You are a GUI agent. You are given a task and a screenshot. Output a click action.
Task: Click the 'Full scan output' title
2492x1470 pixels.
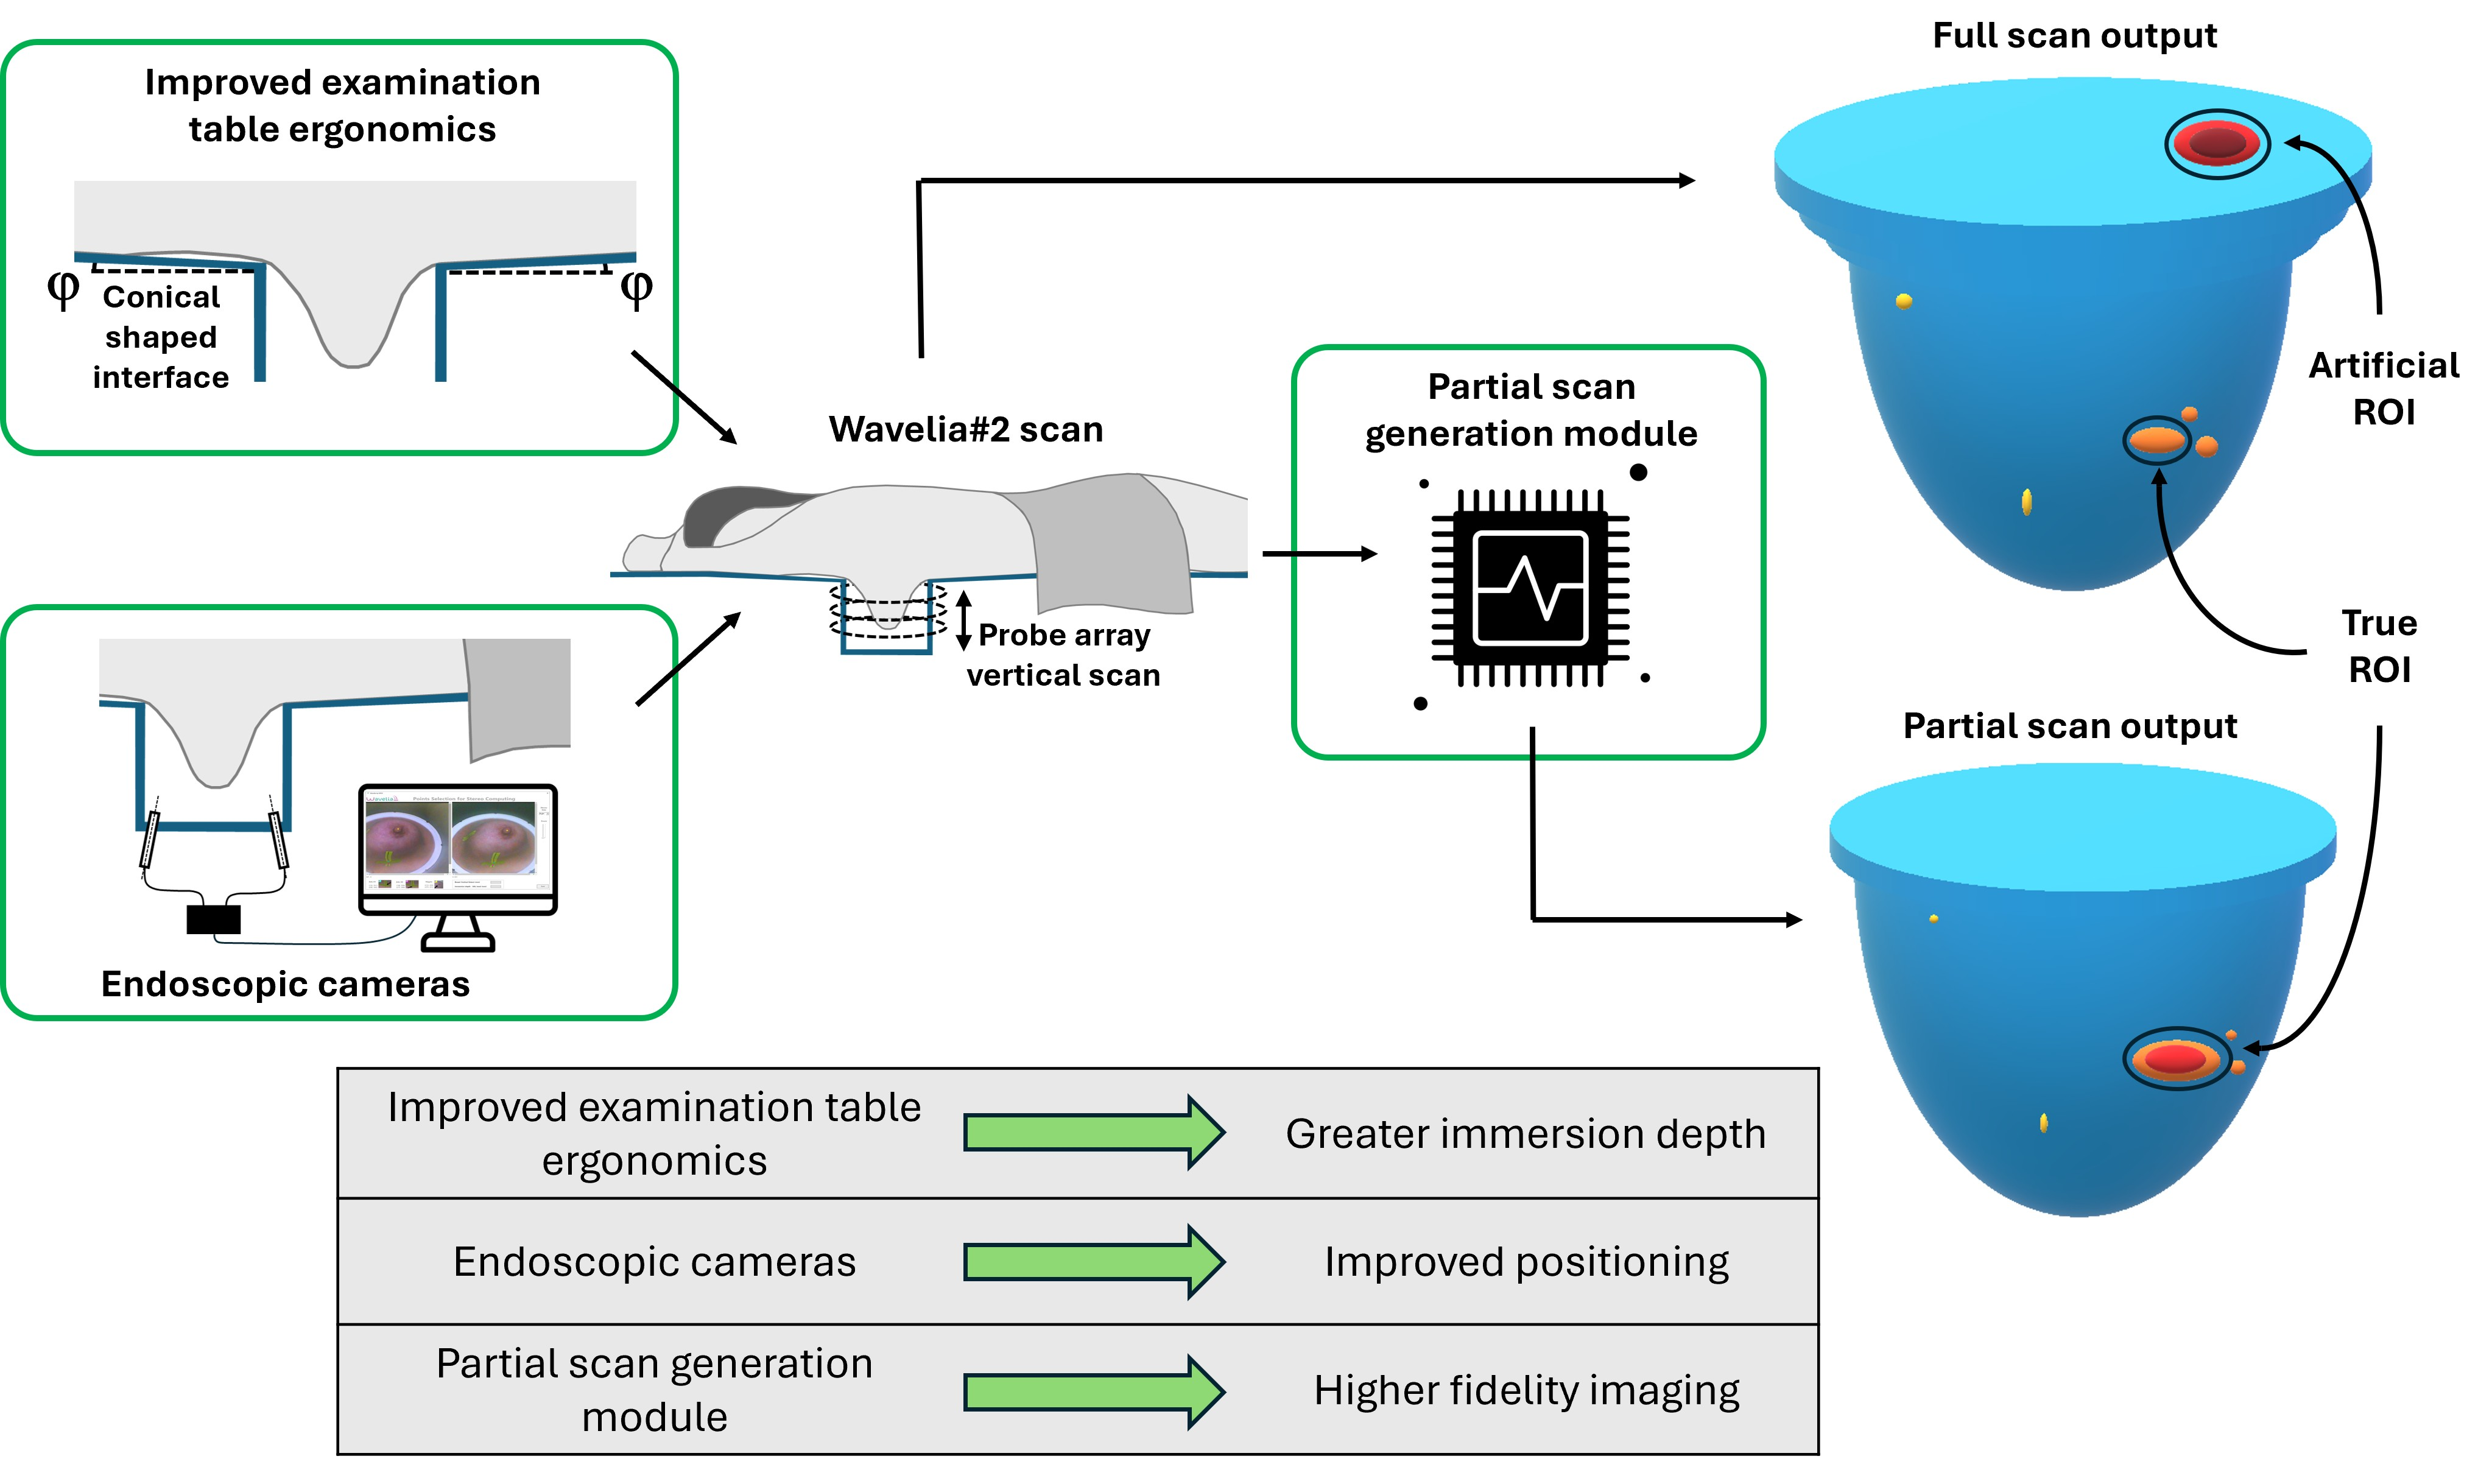(x=2074, y=36)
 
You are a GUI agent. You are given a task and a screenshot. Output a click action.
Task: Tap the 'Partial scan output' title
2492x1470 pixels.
(x=2069, y=726)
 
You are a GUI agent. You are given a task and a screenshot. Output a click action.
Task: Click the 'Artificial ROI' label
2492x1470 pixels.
(x=2383, y=389)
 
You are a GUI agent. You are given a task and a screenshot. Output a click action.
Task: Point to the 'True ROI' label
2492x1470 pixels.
(x=2379, y=646)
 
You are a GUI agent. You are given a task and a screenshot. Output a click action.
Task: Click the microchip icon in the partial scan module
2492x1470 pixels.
(x=1530, y=588)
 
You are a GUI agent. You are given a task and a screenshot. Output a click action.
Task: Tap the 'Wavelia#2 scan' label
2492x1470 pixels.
(x=966, y=429)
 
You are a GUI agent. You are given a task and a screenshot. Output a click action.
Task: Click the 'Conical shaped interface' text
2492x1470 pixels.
(x=160, y=337)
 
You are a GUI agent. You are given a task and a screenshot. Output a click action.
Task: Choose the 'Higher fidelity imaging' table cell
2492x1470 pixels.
(x=1526, y=1390)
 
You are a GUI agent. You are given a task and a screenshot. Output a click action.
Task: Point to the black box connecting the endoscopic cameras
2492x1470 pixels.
(x=213, y=920)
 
